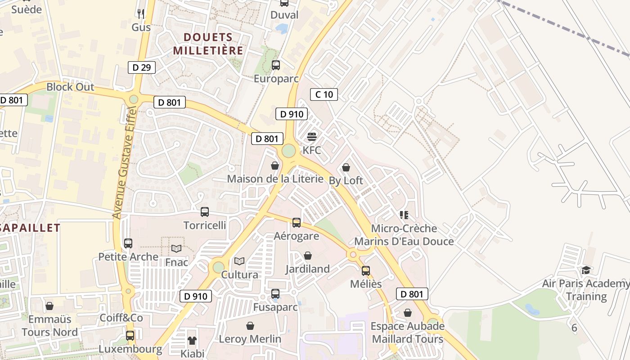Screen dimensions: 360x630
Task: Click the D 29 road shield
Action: coord(142,67)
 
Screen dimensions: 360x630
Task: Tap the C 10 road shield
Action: coord(324,94)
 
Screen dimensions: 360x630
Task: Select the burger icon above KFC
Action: coord(312,137)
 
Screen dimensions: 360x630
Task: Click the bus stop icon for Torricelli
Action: coord(205,211)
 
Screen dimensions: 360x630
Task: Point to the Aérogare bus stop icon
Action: coord(297,222)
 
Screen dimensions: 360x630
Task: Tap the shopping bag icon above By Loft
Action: coord(346,167)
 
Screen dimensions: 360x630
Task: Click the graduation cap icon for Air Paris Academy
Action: coord(586,270)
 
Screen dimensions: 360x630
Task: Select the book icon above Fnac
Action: coord(176,248)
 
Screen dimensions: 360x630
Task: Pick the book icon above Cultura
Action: coord(239,261)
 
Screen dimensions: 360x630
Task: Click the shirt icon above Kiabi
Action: coord(192,340)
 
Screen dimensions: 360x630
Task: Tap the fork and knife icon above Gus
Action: coord(141,14)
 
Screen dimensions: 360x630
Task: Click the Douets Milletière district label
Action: coord(208,44)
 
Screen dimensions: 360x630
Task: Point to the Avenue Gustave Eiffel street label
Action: coord(124,163)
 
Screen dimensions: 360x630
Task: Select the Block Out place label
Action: coord(71,87)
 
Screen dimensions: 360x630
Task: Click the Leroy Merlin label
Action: coord(250,339)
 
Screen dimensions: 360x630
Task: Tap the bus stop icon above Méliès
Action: coord(366,270)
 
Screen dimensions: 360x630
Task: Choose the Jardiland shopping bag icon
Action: coord(308,256)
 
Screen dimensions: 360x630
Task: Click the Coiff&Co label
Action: coord(121,318)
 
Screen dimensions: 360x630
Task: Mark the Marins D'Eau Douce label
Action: coord(404,241)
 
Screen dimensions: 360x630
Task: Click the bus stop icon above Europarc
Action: coord(276,65)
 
